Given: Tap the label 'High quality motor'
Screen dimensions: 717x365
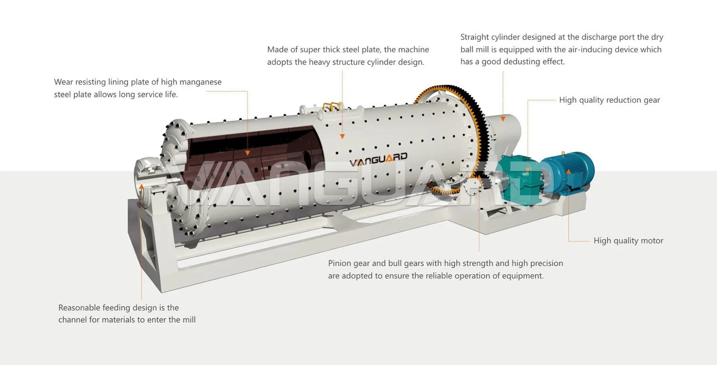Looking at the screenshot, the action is (628, 241).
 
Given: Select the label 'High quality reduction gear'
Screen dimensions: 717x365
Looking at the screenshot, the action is (609, 100).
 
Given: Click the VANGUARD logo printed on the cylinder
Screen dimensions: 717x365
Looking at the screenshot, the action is (378, 160).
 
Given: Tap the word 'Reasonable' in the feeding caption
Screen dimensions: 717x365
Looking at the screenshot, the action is (79, 308).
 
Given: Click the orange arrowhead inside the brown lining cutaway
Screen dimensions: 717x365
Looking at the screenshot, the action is (247, 153).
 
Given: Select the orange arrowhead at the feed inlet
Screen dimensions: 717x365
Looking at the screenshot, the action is (141, 186).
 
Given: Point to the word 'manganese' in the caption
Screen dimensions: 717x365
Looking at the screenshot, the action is (200, 82).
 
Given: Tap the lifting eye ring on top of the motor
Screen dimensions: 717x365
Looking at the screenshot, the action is (563, 153).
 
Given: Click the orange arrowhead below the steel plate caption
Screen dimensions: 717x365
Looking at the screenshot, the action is (342, 137).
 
